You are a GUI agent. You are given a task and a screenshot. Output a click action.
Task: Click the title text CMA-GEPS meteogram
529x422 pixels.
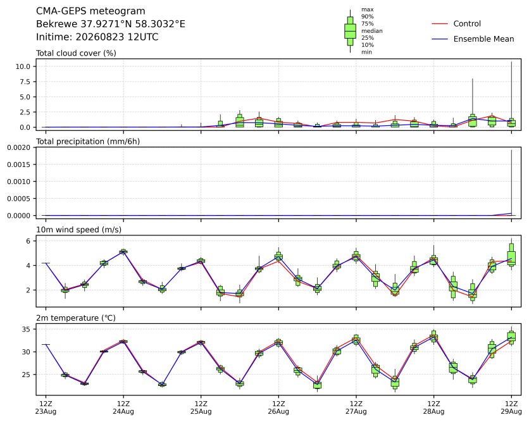coord(90,11)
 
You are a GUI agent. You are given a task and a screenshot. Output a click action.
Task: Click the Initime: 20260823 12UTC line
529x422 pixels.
coord(97,37)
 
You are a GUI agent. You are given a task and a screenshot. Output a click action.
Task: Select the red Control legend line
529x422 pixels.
coord(440,23)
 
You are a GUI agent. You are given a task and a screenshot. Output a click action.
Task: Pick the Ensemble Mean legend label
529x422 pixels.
coord(484,39)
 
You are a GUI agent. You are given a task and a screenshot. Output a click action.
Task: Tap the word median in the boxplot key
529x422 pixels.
coord(372,31)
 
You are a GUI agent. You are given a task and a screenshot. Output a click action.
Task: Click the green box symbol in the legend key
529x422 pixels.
coord(350,31)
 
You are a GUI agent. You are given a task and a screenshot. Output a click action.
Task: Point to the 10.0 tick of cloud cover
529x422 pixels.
coord(23,66)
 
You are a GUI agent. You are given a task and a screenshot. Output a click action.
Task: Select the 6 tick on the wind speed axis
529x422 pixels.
coord(28,241)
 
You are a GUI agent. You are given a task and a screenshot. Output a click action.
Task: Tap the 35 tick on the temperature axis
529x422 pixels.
coord(26,329)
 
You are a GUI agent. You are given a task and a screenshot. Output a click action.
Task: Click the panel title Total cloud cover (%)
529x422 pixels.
coord(76,53)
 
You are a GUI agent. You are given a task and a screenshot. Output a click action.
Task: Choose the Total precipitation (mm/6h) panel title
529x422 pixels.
coord(88,141)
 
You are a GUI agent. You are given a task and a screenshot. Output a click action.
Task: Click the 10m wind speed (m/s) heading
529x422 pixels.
coord(78,230)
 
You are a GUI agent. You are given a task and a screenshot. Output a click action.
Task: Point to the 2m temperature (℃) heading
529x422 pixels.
coord(76,318)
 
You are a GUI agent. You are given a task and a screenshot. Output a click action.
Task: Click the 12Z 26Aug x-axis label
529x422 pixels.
coord(278,407)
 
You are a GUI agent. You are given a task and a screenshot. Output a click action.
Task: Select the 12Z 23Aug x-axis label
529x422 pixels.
coord(46,407)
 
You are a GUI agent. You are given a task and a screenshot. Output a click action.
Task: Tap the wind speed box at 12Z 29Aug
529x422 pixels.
coord(511,254)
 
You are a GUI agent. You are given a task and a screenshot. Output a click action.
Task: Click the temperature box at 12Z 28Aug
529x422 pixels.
coord(434,336)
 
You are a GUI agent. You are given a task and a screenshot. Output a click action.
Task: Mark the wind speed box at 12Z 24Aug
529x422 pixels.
coord(123,251)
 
